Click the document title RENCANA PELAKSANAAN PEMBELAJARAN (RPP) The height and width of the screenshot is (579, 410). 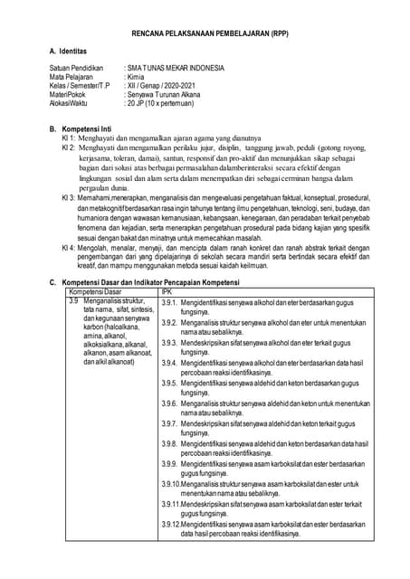205,31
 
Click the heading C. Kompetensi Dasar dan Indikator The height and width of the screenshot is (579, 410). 145,283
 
